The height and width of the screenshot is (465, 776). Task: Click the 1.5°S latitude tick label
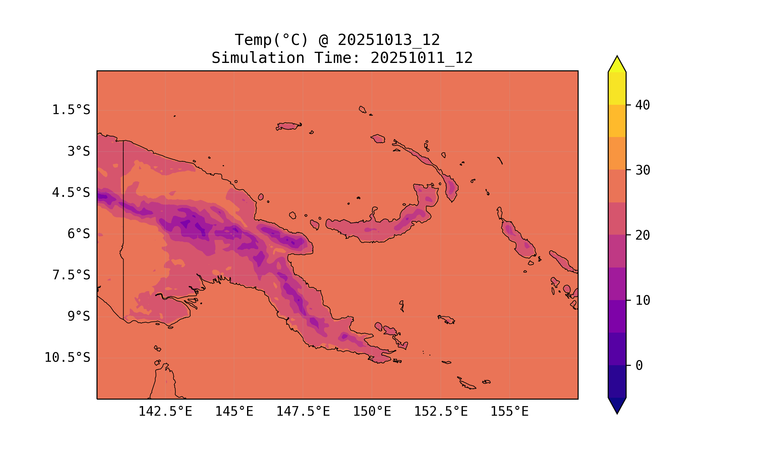(71, 110)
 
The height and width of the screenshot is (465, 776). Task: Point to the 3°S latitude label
(79, 151)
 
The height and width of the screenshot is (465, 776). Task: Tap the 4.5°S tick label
(71, 193)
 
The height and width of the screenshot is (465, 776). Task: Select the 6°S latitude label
(79, 234)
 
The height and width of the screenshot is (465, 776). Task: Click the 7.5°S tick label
(71, 275)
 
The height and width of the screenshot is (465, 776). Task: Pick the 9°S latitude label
(79, 316)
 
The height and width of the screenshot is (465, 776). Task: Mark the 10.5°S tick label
(67, 357)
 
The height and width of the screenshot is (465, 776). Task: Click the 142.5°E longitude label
(165, 411)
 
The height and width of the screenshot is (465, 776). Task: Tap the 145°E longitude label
(234, 411)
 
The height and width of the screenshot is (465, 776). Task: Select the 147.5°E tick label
(303, 411)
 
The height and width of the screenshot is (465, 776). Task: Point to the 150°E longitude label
(372, 411)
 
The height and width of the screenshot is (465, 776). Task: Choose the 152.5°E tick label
(441, 411)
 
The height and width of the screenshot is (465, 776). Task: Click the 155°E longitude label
(509, 411)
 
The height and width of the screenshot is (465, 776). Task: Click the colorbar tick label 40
(643, 105)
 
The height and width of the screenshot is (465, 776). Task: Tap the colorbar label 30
(643, 170)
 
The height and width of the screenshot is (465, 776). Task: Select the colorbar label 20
(643, 235)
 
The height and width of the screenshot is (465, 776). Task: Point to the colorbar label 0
(639, 366)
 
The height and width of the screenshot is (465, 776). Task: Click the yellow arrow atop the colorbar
(617, 65)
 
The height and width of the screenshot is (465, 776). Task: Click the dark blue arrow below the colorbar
(617, 405)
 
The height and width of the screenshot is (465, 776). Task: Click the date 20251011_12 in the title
(421, 58)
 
